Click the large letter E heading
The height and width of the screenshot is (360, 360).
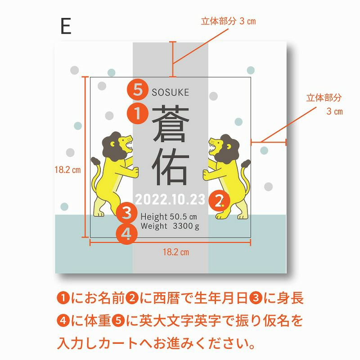pyautogui.click(x=66, y=26)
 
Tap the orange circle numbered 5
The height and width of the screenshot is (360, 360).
pyautogui.click(x=138, y=90)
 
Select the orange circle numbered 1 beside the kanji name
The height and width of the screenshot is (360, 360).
pyautogui.click(x=138, y=113)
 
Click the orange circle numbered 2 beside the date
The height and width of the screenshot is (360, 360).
pyautogui.click(x=219, y=201)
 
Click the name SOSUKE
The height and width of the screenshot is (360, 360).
pyautogui.click(x=171, y=93)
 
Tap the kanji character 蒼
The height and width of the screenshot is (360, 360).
pyautogui.click(x=171, y=124)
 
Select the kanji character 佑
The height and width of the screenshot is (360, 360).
pyautogui.click(x=171, y=166)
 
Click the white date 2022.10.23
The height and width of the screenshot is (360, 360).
pyautogui.click(x=170, y=199)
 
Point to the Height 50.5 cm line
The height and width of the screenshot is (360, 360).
pyautogui.click(x=169, y=216)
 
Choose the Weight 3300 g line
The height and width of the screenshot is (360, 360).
pyautogui.click(x=170, y=226)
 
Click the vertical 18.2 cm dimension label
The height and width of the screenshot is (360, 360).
pyautogui.click(x=68, y=170)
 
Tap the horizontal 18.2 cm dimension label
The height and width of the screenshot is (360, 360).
pyautogui.click(x=176, y=252)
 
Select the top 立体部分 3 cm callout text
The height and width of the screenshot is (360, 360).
pyautogui.click(x=228, y=21)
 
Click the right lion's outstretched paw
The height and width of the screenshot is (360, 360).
pyautogui.click(x=207, y=175)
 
